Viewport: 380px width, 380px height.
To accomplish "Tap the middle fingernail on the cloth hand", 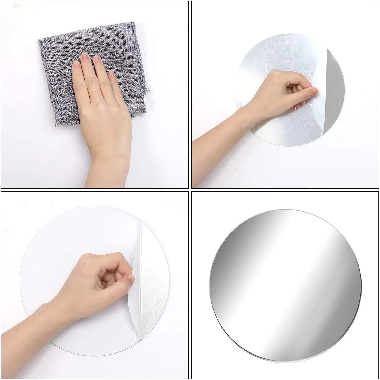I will pyautogui.click(x=85, y=56).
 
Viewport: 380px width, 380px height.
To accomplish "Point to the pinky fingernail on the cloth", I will pyautogui.click(x=112, y=74).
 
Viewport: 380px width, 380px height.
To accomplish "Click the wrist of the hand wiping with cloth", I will pyautogui.click(x=108, y=165).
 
